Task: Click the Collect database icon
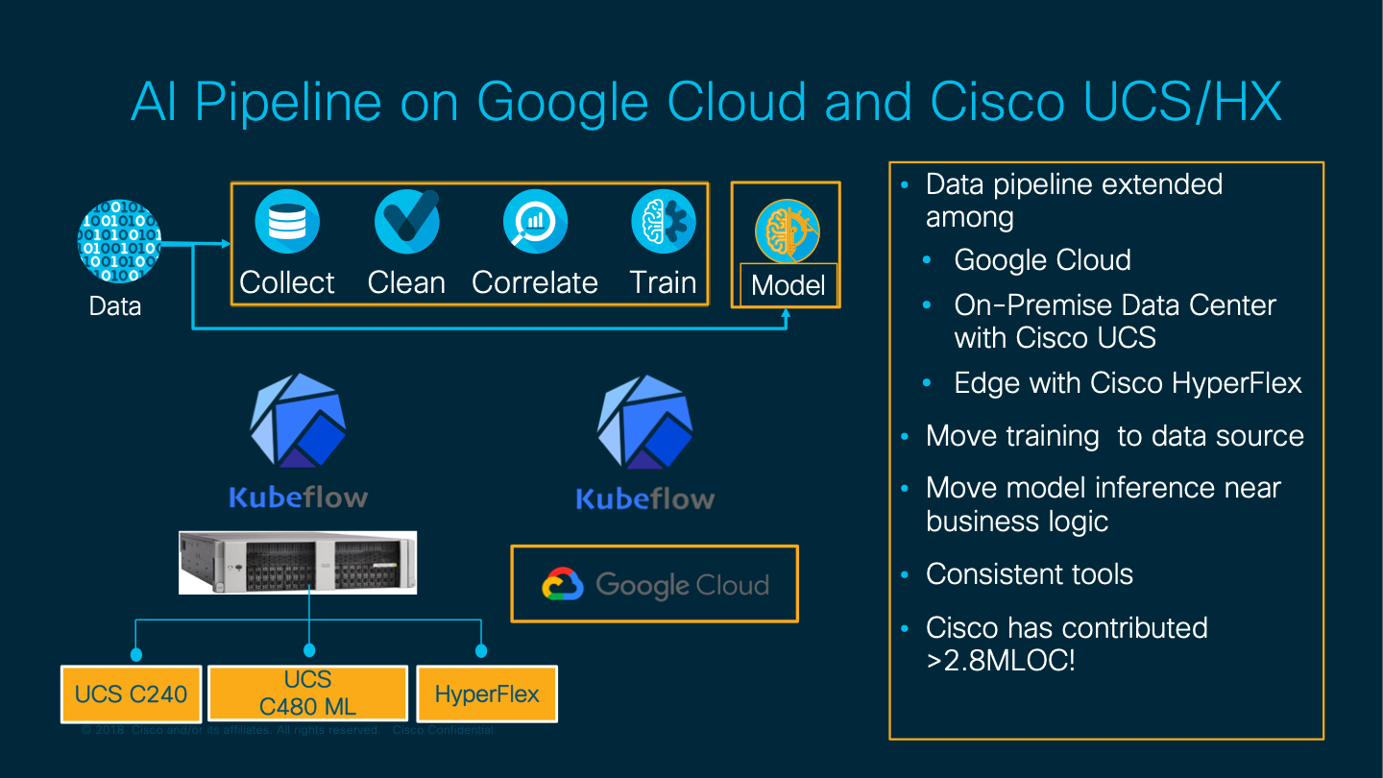(x=286, y=222)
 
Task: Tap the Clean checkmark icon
(x=406, y=222)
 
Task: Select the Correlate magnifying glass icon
(x=535, y=222)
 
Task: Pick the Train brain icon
(x=664, y=222)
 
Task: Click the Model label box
(x=789, y=285)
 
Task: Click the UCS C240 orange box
(x=131, y=693)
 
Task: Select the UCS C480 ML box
(x=307, y=693)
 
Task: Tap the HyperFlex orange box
(x=487, y=693)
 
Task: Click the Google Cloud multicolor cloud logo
(x=563, y=585)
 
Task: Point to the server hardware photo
(x=298, y=562)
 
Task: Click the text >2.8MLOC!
(x=1001, y=661)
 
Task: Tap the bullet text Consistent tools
(x=1030, y=574)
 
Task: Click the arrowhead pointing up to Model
(x=787, y=316)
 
